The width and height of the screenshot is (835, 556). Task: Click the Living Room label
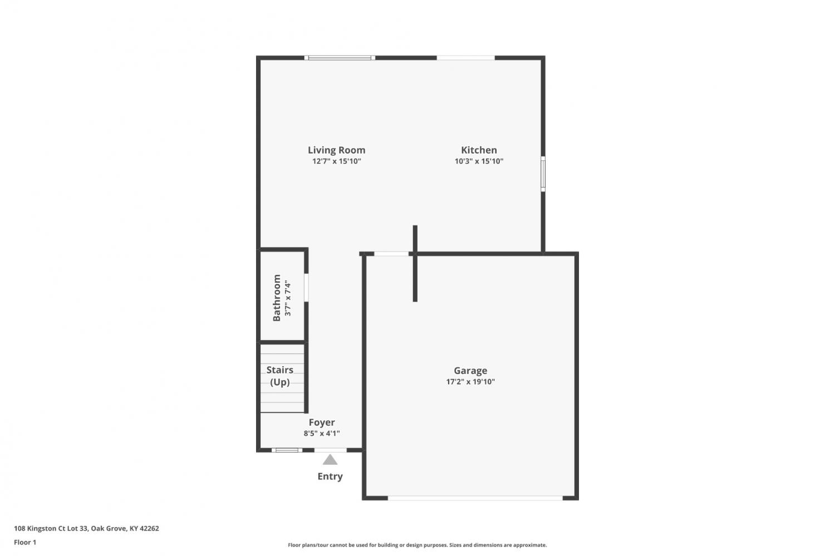tap(336, 150)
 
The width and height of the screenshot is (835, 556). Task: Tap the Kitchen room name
tap(479, 150)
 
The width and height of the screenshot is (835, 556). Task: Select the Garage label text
tap(470, 371)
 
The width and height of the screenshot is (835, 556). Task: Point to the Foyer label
tap(321, 422)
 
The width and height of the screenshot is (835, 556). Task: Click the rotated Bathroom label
tap(277, 298)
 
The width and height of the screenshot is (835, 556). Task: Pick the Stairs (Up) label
tap(279, 376)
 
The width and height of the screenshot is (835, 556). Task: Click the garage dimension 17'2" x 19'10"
tap(470, 382)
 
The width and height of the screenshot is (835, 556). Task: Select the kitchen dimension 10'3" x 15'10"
tap(479, 161)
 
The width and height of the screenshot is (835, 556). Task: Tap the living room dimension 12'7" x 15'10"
tap(336, 161)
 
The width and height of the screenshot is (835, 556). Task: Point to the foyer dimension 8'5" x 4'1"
tap(321, 433)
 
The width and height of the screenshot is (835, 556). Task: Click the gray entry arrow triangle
tap(330, 460)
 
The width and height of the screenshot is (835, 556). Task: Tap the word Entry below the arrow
tap(330, 476)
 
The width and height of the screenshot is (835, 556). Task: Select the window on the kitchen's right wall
tap(543, 174)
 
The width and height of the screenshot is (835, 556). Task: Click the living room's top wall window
tap(340, 58)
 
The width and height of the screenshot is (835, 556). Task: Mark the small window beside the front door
tap(287, 450)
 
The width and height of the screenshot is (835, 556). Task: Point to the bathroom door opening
tap(306, 288)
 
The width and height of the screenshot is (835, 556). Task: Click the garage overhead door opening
tap(475, 498)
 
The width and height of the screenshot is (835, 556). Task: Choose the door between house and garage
tap(391, 254)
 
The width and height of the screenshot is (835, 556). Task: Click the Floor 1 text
tap(25, 542)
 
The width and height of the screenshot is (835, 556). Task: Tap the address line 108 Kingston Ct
tap(86, 528)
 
